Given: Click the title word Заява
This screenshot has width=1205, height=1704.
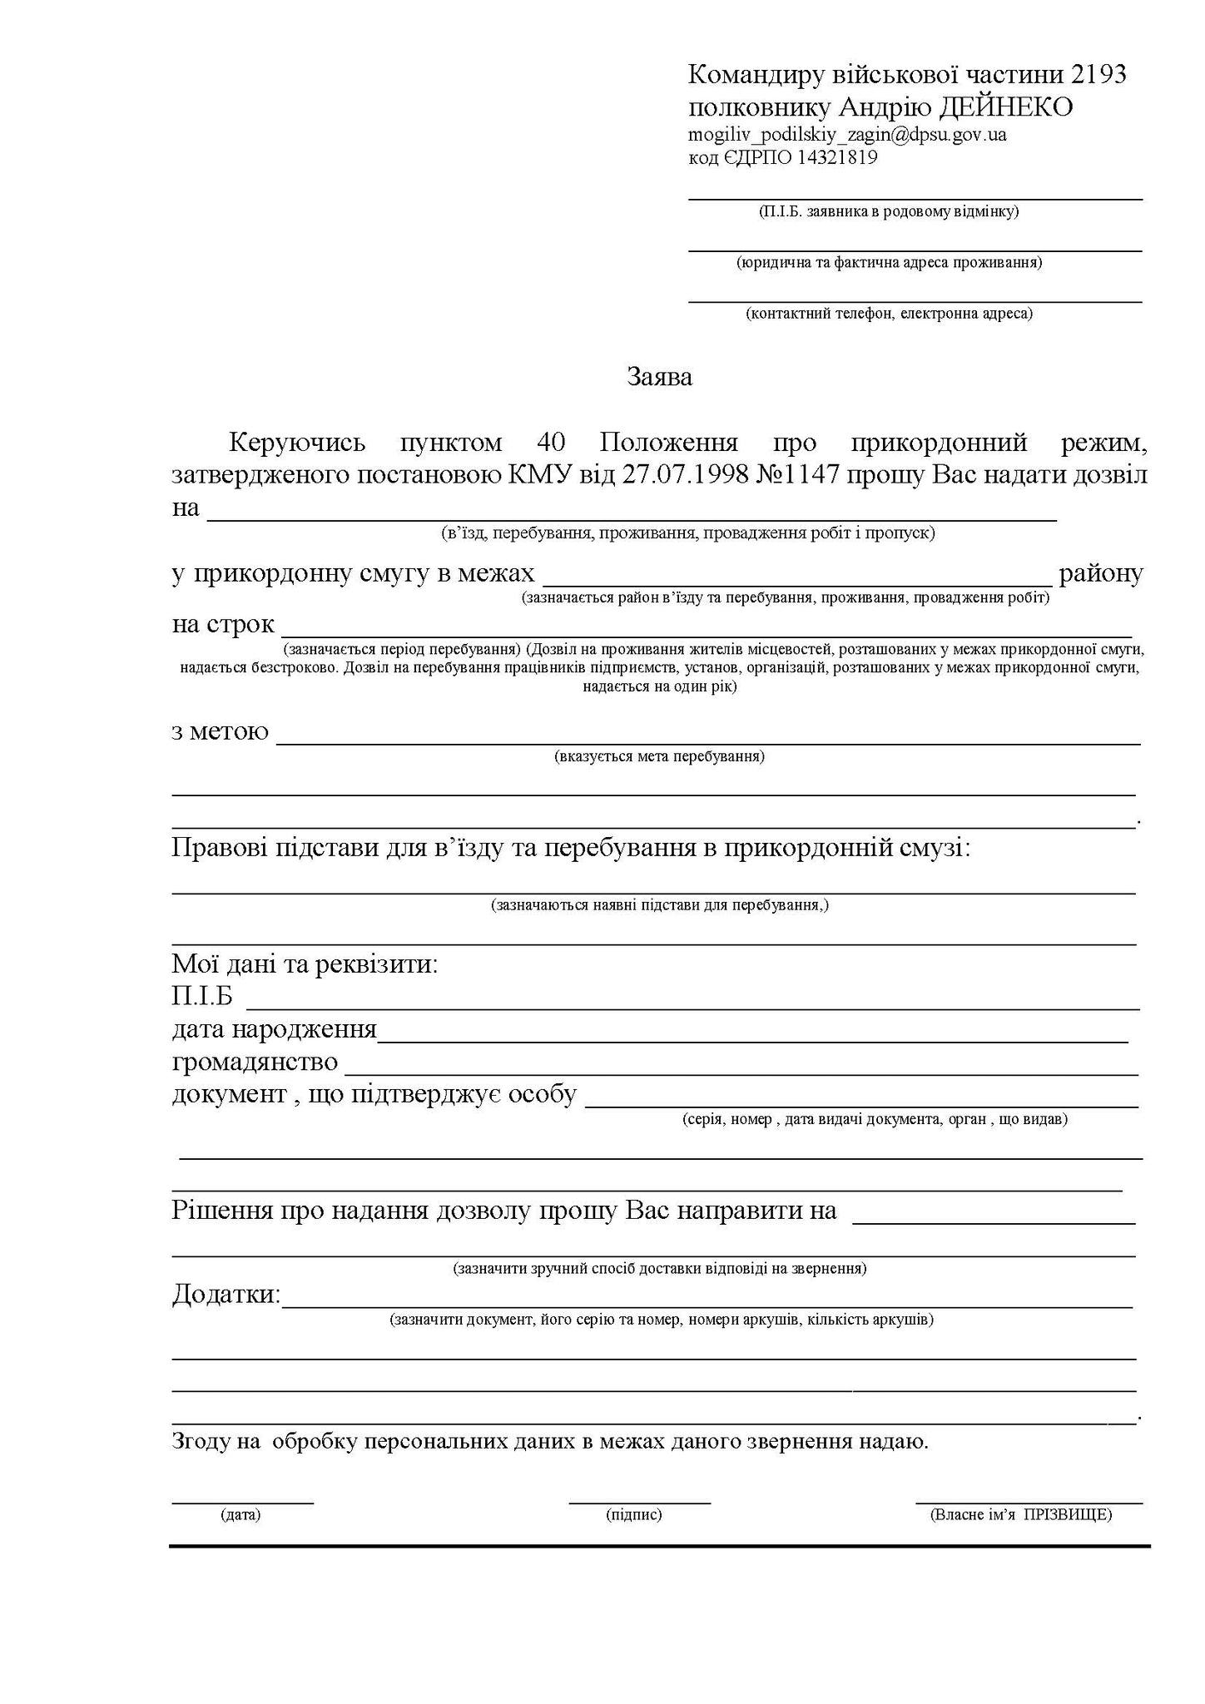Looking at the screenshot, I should tap(659, 378).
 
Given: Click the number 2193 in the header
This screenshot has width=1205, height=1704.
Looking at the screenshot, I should tap(1098, 75).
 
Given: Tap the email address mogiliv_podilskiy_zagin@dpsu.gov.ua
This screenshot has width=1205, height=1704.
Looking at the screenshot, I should tap(847, 134).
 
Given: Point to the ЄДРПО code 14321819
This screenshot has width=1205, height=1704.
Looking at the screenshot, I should tap(837, 157).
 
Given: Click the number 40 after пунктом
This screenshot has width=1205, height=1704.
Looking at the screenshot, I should tap(553, 442).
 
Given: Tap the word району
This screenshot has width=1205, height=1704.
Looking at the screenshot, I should tap(1101, 573).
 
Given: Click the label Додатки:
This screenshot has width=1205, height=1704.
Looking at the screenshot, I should tap(226, 1295).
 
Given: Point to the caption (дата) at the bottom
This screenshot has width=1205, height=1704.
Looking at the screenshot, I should tap(241, 1515).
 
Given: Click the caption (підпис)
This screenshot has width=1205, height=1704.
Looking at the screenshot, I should tap(634, 1515).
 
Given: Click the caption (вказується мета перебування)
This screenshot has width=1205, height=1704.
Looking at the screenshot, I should tap(659, 757).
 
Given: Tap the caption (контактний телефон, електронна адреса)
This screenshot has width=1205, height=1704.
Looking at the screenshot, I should tap(889, 314).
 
